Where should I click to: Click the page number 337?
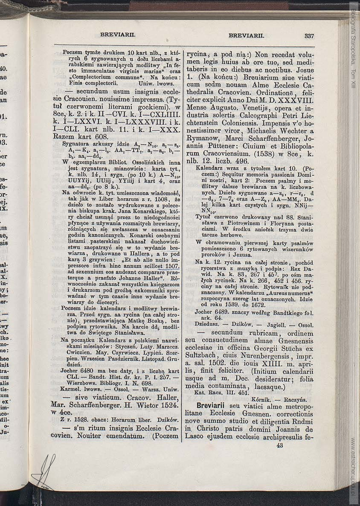(309, 36)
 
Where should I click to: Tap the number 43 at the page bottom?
(280, 445)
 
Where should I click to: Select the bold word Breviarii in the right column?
(212, 406)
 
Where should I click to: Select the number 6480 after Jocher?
(88, 371)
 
